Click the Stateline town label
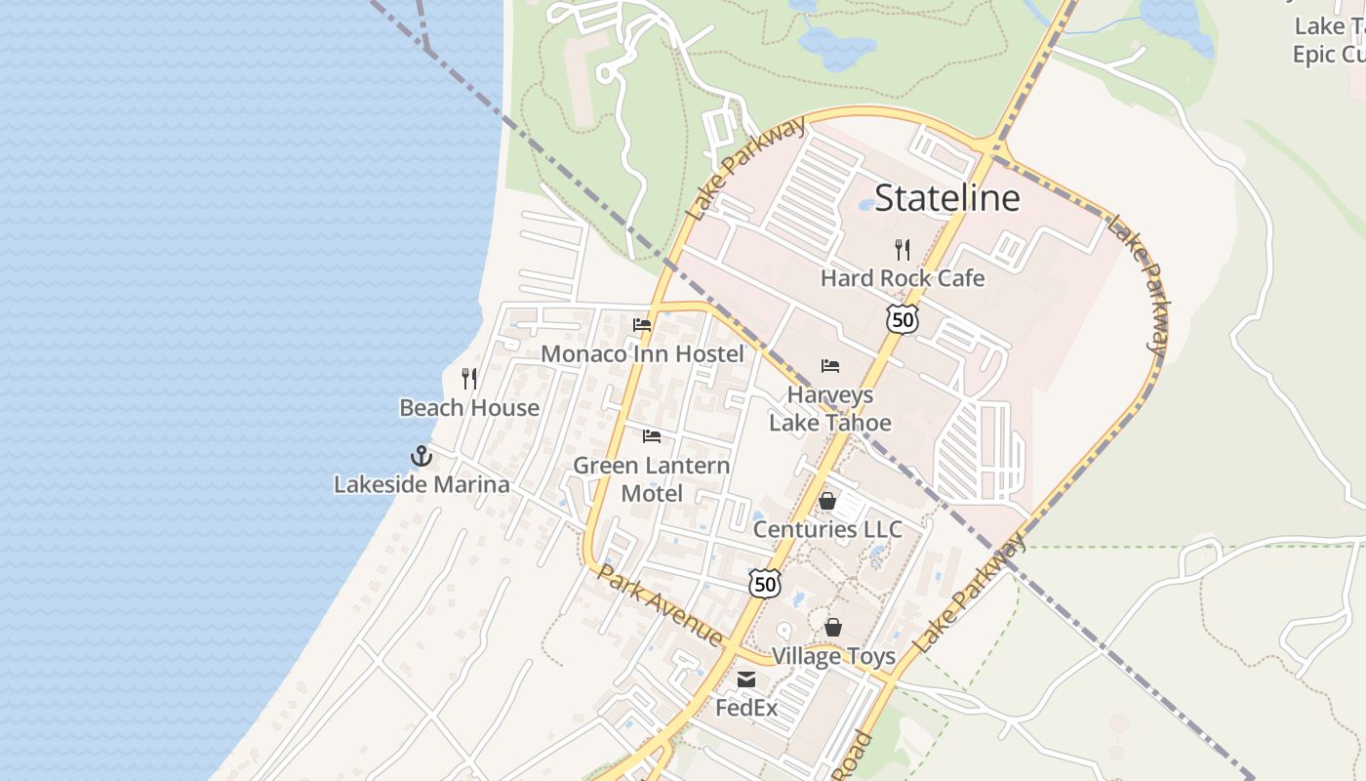point(946,198)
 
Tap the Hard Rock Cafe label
point(903,278)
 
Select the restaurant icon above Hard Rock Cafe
point(903,250)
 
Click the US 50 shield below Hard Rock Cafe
point(903,319)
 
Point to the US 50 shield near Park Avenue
point(765,584)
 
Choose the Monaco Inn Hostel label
point(642,353)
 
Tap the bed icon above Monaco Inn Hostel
point(642,325)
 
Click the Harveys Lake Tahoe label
point(830,409)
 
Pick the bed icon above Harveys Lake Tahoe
point(830,366)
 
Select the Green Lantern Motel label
point(652,479)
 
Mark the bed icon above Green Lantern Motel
point(652,435)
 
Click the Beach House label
point(469,408)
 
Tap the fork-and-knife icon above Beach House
point(469,379)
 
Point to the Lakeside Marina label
point(422,484)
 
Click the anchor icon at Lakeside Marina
point(422,456)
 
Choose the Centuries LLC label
point(827,529)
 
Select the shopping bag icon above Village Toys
point(833,627)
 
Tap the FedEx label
point(746,708)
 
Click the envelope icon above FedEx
point(746,679)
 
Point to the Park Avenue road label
point(661,604)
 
